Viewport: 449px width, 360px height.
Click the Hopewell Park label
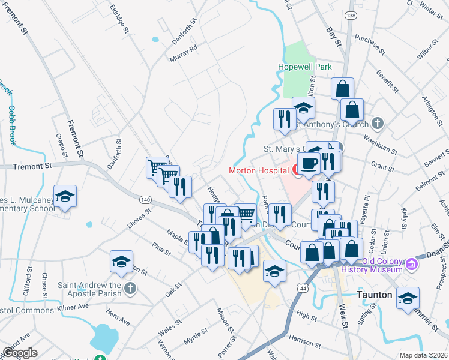pyautogui.click(x=304, y=67)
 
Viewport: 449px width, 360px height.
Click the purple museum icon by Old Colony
pyautogui.click(x=412, y=263)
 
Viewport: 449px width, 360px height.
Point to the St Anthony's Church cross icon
pyautogui.click(x=377, y=124)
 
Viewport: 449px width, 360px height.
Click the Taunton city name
pyautogui.click(x=374, y=295)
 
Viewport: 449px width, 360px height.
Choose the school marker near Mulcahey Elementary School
pyautogui.click(x=65, y=196)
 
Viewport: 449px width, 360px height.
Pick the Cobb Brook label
pyautogui.click(x=12, y=125)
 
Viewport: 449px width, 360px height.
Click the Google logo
pyautogui.click(x=20, y=353)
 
